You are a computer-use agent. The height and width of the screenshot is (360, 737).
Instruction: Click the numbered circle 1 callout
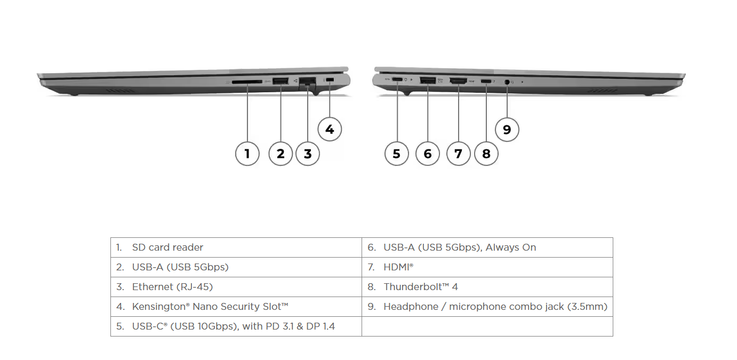[x=247, y=154]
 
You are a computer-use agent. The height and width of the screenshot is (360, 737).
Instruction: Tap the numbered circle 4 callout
[x=330, y=129]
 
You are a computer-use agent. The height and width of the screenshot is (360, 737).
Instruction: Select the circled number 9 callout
[x=507, y=130]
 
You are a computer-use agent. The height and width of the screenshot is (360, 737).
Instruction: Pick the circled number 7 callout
[x=458, y=154]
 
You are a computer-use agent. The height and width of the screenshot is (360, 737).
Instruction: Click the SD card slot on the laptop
[x=247, y=82]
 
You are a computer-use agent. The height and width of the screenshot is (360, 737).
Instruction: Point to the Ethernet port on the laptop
[x=307, y=82]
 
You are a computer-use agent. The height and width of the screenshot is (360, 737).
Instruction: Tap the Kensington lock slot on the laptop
[x=330, y=80]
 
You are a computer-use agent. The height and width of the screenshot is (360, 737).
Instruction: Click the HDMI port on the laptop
[x=458, y=81]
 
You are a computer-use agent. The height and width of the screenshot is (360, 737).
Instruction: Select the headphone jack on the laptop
[x=507, y=82]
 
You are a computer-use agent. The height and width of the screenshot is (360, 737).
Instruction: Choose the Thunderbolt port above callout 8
[x=486, y=81]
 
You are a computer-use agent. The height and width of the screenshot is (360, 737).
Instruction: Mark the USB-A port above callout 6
[x=428, y=81]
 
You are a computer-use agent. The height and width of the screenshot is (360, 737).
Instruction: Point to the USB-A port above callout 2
[x=280, y=81]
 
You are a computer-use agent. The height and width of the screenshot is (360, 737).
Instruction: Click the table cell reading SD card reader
[x=167, y=247]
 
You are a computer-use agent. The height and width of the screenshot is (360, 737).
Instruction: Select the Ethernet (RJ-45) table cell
[x=172, y=287]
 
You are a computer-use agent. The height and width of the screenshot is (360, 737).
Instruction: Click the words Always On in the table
[x=511, y=247]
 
